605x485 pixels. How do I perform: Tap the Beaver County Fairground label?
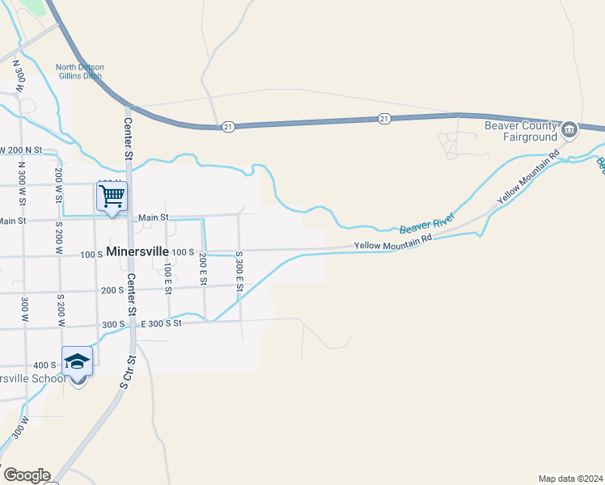click(521, 131)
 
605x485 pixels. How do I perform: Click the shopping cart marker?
click(112, 196)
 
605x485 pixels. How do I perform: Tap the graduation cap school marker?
click(77, 361)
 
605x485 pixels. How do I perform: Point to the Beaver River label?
click(426, 224)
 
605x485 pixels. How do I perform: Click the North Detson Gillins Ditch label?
click(79, 72)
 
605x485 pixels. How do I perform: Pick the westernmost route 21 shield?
click(229, 127)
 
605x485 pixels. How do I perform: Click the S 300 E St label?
click(239, 272)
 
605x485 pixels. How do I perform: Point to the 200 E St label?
click(203, 270)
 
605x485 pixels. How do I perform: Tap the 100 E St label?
click(167, 277)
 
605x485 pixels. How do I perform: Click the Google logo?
click(27, 475)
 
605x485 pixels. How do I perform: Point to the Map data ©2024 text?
click(571, 478)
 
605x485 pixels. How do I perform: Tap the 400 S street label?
click(44, 365)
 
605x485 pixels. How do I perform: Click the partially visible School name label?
click(32, 379)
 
